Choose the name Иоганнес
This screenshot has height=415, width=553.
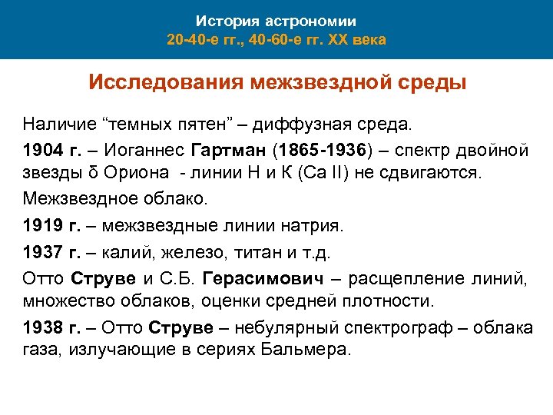click(133, 148)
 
